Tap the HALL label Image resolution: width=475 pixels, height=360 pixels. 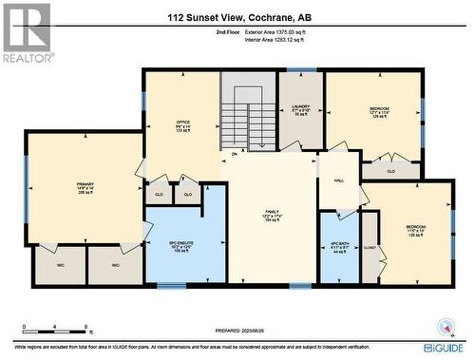tap(338, 180)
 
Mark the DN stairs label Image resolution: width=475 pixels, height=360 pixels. tap(234, 154)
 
